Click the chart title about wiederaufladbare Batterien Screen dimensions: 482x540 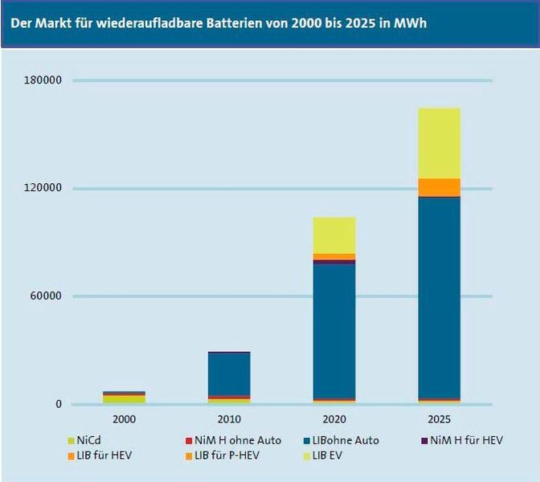click(x=218, y=22)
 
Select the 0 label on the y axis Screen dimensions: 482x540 click(x=58, y=404)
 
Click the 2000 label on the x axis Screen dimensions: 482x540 click(x=125, y=420)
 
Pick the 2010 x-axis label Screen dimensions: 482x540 click(x=229, y=420)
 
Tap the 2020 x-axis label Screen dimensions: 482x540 click(x=334, y=420)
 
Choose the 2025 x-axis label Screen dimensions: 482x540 click(x=439, y=420)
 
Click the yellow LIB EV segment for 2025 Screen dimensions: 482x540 click(x=439, y=143)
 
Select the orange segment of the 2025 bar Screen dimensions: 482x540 click(x=439, y=186)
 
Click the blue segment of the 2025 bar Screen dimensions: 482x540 click(x=439, y=297)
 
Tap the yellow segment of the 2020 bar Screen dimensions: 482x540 click(x=334, y=235)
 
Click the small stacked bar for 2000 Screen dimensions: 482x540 click(x=125, y=398)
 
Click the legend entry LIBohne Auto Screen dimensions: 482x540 click(x=342, y=440)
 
